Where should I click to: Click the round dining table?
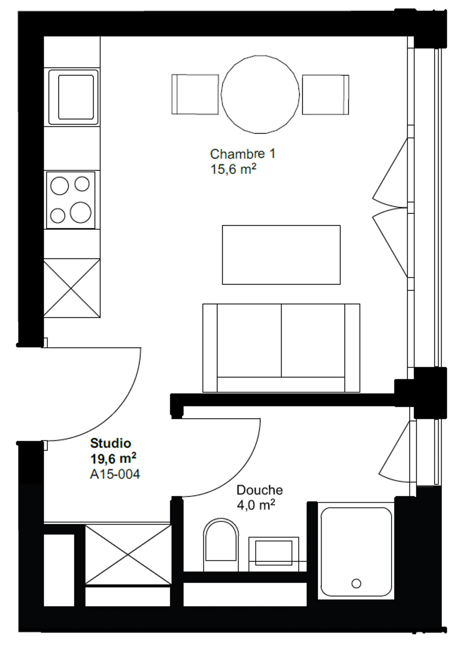(260, 94)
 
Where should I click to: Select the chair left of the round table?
(195, 94)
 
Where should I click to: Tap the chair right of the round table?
(325, 95)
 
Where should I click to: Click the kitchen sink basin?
(76, 97)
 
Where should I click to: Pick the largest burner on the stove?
(80, 212)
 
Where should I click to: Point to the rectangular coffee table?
(281, 255)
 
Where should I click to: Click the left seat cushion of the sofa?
(249, 340)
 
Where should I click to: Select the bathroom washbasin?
(274, 553)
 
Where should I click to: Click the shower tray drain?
(356, 583)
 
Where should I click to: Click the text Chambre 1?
(243, 154)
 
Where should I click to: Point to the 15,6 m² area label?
(233, 169)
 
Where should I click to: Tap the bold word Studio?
(110, 443)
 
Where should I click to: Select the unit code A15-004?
(115, 474)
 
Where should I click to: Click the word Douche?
(260, 490)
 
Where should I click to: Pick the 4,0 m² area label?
(256, 505)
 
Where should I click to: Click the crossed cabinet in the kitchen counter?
(72, 288)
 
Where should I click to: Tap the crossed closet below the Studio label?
(128, 554)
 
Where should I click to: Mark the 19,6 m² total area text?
(113, 458)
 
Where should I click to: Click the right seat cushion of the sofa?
(313, 340)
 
